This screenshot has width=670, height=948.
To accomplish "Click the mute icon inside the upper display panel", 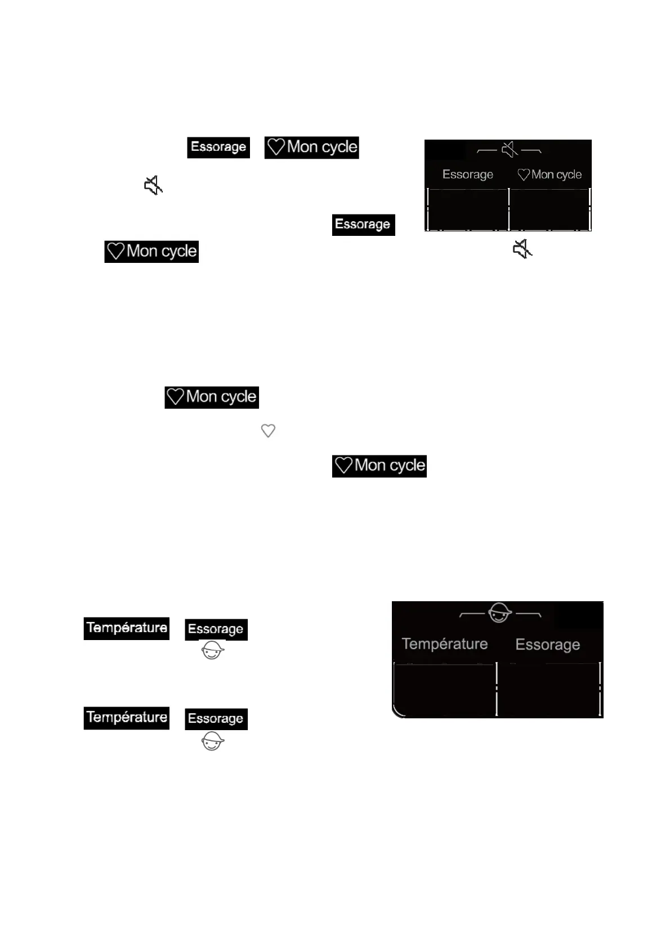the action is coord(510,150).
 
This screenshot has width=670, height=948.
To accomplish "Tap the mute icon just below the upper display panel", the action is coord(522,248).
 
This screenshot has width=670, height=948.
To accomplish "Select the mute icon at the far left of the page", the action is coord(153,185).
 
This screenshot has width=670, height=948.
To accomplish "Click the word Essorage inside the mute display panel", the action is coord(467,175).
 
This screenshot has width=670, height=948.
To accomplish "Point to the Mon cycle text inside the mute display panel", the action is coord(556,175).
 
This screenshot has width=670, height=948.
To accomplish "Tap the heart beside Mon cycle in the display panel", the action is coord(524,175).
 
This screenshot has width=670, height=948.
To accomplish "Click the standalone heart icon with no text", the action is coord(268,431).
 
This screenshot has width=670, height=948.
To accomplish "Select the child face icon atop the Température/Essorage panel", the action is coord(499,612).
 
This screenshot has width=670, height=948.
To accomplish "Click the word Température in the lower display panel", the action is coord(444,643).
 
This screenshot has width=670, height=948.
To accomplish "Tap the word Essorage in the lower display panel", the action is coord(547,644).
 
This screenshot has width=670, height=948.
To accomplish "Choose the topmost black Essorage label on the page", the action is coord(218,147).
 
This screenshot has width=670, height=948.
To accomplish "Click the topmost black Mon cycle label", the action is coord(311,147).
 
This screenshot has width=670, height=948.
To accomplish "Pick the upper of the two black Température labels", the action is coord(127,628).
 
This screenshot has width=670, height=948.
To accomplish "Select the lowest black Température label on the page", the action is coord(127,718).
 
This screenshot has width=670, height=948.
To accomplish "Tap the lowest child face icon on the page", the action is coord(213,741).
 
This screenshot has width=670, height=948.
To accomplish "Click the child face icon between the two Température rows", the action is coord(213,651).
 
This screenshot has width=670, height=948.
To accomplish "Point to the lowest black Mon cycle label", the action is coord(379,466).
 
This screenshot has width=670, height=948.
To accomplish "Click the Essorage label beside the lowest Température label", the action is coord(216,719).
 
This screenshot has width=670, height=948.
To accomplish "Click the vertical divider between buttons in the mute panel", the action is coord(509,209).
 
